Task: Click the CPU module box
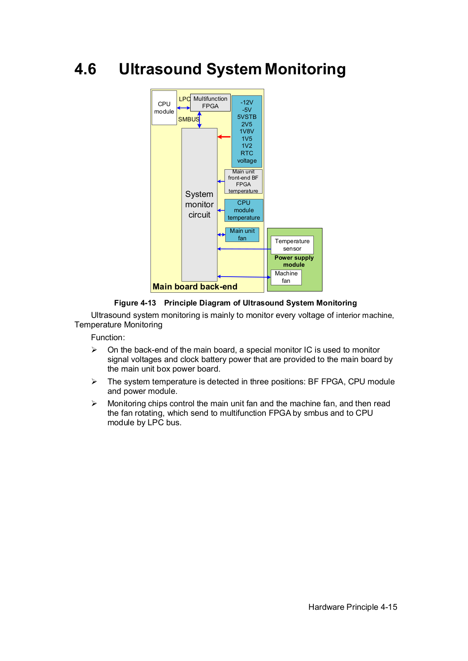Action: pos(164,108)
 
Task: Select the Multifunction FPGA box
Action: pos(210,102)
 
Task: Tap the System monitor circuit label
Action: pos(199,204)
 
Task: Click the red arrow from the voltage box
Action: pos(224,137)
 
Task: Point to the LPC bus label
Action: pos(184,99)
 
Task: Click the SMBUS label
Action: pos(189,119)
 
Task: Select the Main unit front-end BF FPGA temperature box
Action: pos(244,181)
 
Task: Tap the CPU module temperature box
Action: pos(244,210)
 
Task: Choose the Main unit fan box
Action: pos(242,235)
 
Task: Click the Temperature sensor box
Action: pos(292,245)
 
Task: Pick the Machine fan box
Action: pos(286,277)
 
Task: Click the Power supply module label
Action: pos(294,261)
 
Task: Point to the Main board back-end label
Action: pos(195,287)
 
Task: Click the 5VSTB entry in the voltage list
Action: pos(247,117)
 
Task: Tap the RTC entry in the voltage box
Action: pos(247,153)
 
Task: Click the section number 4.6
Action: pos(85,69)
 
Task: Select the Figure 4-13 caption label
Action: pos(135,303)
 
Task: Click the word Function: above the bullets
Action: pos(108,337)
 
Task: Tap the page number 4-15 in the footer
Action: pos(389,607)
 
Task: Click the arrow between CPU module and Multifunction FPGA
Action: pos(184,108)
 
